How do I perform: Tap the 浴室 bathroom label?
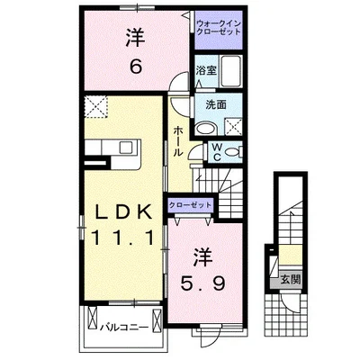205,70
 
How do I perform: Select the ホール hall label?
178,140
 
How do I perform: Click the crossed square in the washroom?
235,126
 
